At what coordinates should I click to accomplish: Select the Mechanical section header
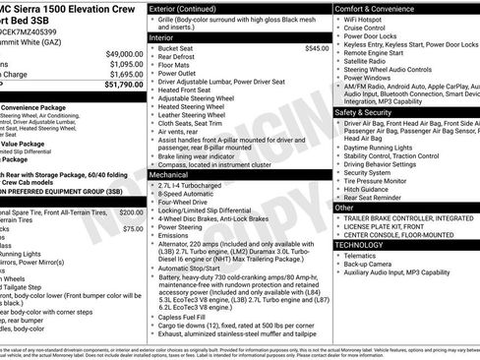[169, 173]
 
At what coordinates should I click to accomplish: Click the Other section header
[344, 208]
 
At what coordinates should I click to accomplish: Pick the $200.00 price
[130, 212]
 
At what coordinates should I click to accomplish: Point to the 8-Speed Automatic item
[184, 194]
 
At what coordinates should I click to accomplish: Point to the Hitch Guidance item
[370, 190]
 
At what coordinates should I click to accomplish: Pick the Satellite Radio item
[369, 62]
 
